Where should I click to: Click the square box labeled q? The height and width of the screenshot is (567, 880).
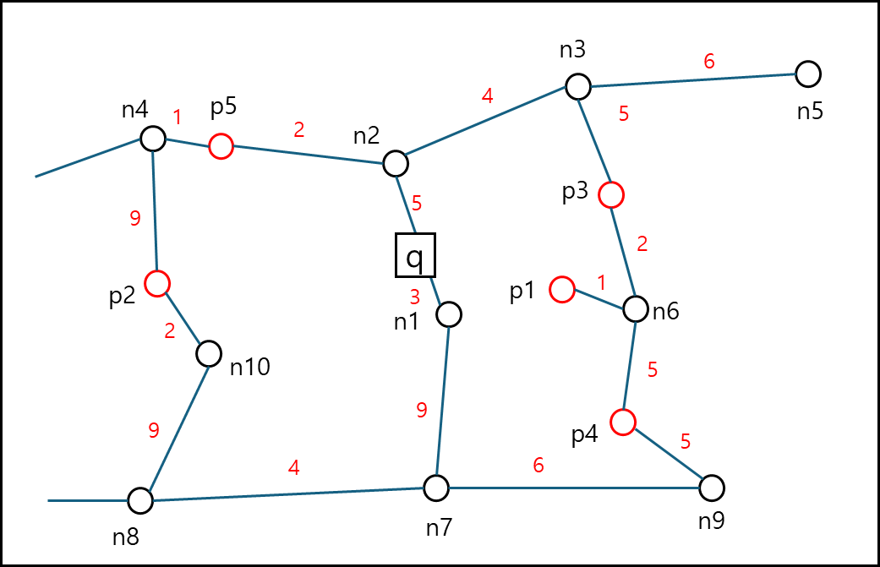415,255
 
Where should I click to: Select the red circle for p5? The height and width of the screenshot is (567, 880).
221,146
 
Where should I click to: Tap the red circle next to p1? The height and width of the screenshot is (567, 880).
562,289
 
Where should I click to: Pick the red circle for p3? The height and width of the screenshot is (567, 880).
611,195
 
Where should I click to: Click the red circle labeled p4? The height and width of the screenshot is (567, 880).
623,423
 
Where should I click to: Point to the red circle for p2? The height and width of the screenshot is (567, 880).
157,283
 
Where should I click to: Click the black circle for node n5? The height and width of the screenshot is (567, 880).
808,74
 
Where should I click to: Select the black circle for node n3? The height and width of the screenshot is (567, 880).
578,87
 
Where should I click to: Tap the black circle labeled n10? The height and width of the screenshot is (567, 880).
209,354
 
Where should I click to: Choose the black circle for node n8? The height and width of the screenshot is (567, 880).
140,501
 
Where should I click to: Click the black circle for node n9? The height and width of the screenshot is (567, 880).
712,488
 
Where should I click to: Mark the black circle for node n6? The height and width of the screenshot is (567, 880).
636,309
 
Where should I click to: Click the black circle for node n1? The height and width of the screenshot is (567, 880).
449,314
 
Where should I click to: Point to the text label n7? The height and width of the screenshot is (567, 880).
439,528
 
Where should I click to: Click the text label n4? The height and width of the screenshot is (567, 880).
134,110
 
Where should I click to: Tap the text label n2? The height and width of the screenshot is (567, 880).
367,136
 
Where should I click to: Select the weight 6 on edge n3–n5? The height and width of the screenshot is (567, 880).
709,61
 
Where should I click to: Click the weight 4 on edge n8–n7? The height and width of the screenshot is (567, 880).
293,467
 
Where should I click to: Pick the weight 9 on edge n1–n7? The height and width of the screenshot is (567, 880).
422,410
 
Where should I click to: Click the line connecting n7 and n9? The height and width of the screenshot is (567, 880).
574,488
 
